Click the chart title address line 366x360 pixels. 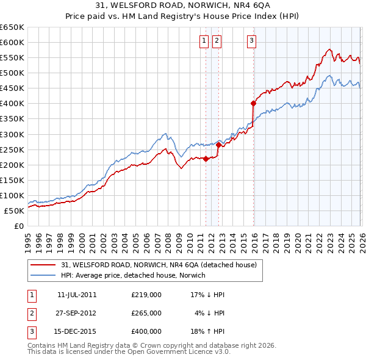pos(182,6)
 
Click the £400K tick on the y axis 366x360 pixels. pos(12,104)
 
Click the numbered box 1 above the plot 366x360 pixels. pos(203,41)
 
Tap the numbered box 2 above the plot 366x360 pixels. pos(217,41)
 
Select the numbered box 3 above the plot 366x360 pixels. pos(251,41)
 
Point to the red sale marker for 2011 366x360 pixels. pos(206,159)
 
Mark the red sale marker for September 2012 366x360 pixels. pos(218,145)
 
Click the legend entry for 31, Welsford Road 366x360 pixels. pos(162,265)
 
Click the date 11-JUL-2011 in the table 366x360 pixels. pos(77,295)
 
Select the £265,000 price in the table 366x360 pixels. pos(146,313)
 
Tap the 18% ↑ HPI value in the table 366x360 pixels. pos(207,331)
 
